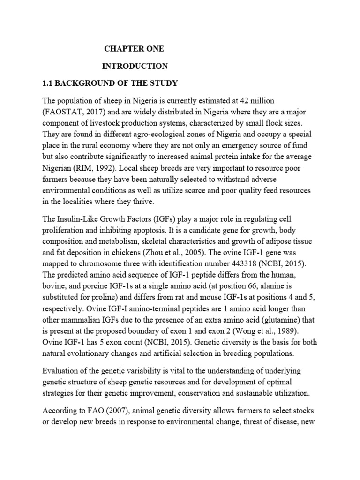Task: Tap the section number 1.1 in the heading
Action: click(48, 83)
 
